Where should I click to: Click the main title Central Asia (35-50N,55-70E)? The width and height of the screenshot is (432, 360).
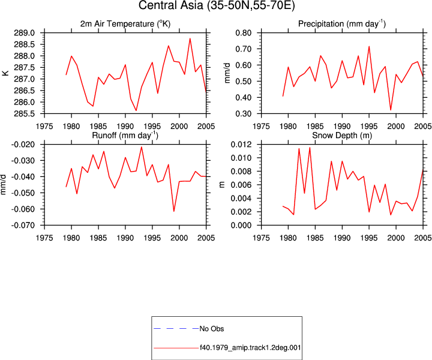217,5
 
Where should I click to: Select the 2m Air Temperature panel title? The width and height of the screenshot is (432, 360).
125,23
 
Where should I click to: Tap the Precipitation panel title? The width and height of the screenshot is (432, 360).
342,23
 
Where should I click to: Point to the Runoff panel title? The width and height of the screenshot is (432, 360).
125,135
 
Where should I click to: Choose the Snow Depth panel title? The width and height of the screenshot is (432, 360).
342,135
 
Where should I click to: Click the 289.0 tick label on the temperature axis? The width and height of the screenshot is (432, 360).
24,33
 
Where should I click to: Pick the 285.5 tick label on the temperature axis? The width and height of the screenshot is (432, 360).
24,113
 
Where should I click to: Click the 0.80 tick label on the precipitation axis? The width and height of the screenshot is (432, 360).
244,33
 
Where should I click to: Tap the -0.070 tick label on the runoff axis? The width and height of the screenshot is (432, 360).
23,226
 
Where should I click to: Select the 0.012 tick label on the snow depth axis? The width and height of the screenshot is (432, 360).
241,145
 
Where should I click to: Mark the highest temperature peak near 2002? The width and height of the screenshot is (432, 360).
190,38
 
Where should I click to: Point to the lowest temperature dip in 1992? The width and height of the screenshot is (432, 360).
136,110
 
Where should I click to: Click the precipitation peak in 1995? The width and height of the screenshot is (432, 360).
369,47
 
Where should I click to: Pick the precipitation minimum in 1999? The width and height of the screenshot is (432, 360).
391,110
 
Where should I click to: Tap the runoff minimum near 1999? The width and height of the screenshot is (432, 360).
174,211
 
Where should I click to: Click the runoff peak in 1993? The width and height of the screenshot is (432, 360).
142,147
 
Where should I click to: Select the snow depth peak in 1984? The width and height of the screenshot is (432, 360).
310,148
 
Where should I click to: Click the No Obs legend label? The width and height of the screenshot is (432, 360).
212,329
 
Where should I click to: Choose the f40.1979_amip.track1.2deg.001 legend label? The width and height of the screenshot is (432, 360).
250,347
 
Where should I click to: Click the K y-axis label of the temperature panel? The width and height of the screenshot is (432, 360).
6,73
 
